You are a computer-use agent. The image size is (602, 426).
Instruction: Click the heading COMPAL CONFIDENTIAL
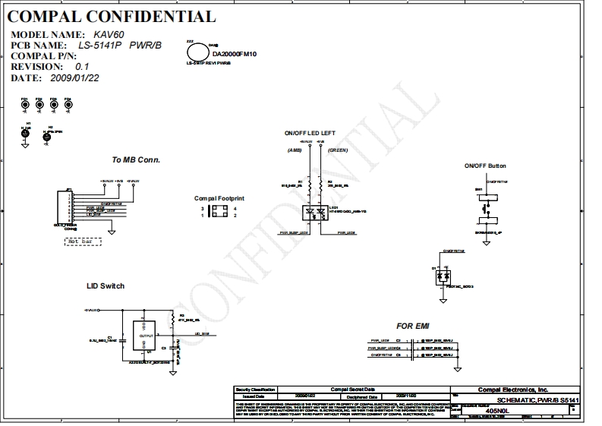pos(112,17)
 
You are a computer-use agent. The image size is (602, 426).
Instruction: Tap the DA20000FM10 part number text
pos(235,55)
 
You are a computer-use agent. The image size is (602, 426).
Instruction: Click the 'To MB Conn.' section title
pos(136,159)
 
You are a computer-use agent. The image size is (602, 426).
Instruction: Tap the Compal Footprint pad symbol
pos(218,212)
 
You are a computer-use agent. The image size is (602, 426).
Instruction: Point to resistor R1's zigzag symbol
pos(302,185)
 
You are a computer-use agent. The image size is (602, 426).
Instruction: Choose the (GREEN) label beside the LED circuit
pos(338,150)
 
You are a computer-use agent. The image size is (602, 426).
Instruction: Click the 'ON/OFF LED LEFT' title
pos(310,133)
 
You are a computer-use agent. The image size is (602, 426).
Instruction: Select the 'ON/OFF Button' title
pos(485,166)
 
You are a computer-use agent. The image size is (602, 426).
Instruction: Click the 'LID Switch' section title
pos(106,286)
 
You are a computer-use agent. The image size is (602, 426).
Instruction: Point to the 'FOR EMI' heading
pos(412,326)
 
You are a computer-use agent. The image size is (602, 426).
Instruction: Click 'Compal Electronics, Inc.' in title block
pos(512,389)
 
